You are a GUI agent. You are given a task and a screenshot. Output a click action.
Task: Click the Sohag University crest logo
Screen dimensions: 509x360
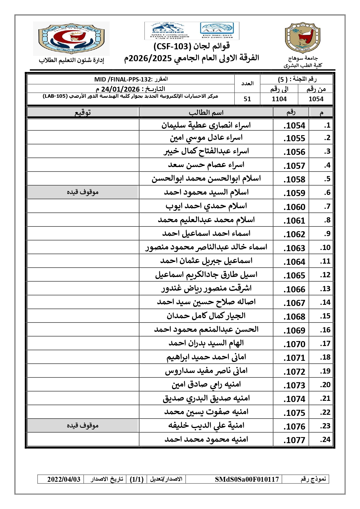[303, 38]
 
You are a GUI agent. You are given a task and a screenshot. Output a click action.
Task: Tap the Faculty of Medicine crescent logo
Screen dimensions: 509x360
[71, 38]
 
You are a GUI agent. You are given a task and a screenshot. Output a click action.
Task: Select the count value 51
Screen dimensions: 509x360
[247, 99]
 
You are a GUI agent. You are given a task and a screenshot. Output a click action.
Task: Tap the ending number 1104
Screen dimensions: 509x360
[279, 99]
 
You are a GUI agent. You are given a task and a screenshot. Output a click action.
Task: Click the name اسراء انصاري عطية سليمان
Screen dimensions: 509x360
[206, 125]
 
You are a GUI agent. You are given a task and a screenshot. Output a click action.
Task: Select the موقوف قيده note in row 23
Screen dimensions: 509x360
[83, 426]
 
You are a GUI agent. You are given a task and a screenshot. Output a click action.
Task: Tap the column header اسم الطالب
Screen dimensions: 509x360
[206, 113]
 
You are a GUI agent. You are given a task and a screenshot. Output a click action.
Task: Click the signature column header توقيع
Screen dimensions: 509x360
[83, 113]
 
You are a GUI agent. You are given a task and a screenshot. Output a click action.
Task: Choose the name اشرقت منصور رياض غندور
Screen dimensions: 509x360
[206, 289]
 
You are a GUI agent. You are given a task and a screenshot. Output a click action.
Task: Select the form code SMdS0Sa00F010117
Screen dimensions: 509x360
[247, 479]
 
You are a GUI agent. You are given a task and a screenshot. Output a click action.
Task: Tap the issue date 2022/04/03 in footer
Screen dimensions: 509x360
[64, 479]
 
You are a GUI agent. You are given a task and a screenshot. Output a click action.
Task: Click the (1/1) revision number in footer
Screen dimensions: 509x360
[137, 479]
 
